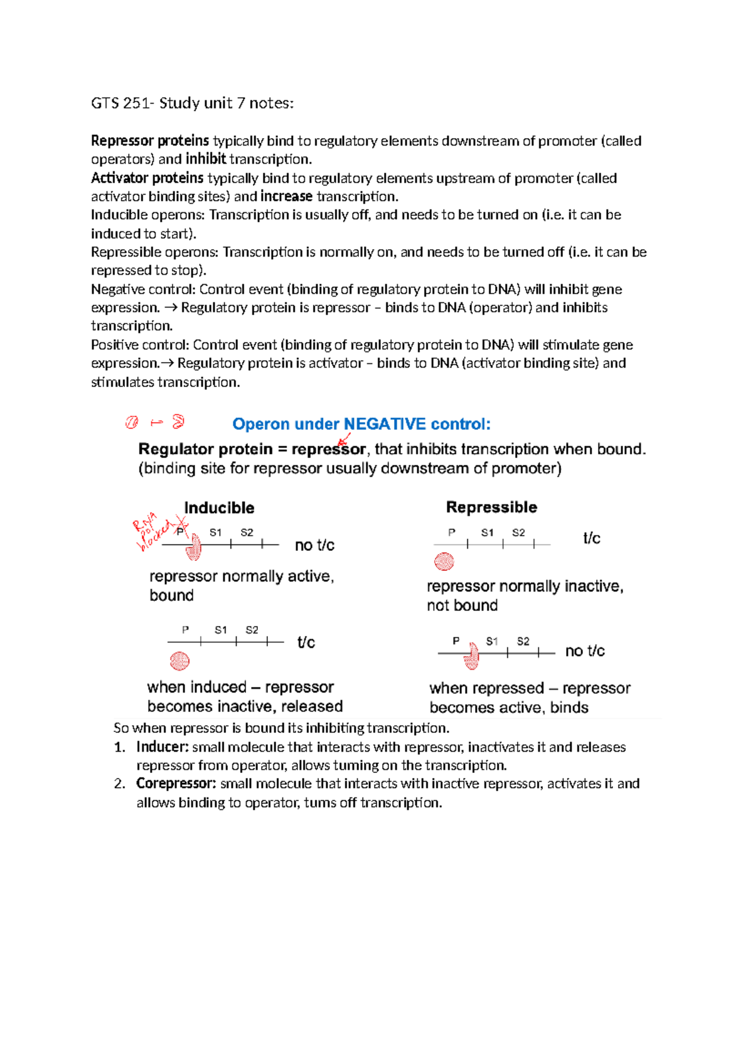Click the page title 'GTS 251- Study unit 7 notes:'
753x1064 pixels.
192,103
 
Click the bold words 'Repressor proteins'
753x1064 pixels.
150,141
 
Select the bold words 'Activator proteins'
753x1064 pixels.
147,178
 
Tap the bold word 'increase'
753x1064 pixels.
286,196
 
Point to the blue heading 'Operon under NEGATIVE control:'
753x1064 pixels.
361,424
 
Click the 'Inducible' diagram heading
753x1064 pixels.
219,508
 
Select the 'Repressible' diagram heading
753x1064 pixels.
491,507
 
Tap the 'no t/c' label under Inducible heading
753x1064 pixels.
314,545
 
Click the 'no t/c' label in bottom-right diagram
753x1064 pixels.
585,651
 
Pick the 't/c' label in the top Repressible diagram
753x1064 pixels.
592,538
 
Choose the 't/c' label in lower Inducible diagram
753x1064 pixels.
306,642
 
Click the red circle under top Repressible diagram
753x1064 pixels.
444,561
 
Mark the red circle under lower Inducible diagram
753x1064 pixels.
179,661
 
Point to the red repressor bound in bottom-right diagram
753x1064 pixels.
471,657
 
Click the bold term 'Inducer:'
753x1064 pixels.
163,747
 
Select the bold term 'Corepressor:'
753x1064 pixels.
176,784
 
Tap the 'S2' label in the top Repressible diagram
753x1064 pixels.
518,533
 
